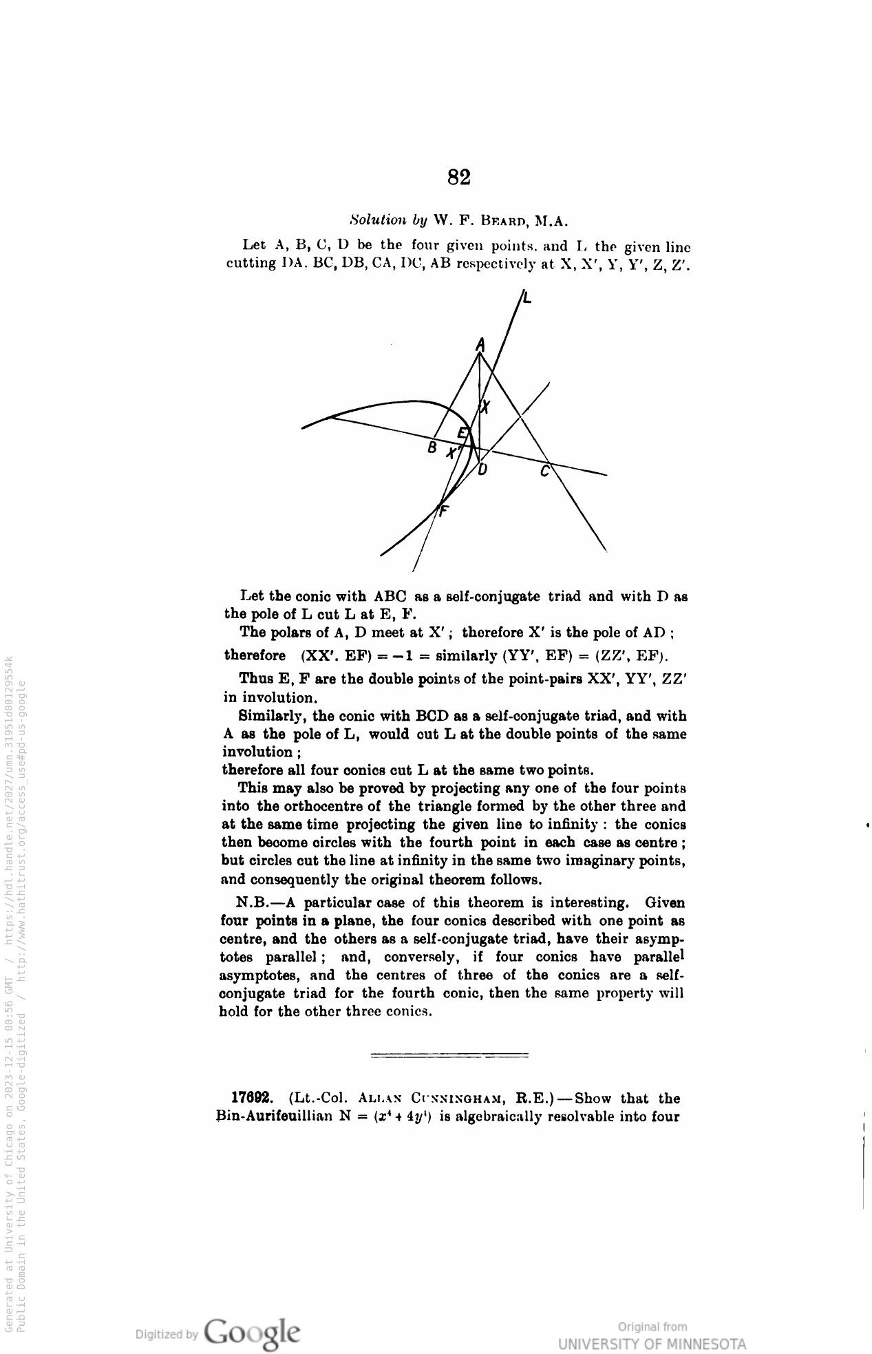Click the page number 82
pos(458,178)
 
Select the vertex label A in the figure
pos(481,344)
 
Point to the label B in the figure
pos(432,448)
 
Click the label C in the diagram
pos(545,472)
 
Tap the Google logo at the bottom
pos(252,1331)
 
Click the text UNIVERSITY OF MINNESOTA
pos(651,1344)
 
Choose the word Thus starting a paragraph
pos(252,679)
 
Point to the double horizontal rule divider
pos(449,1055)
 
